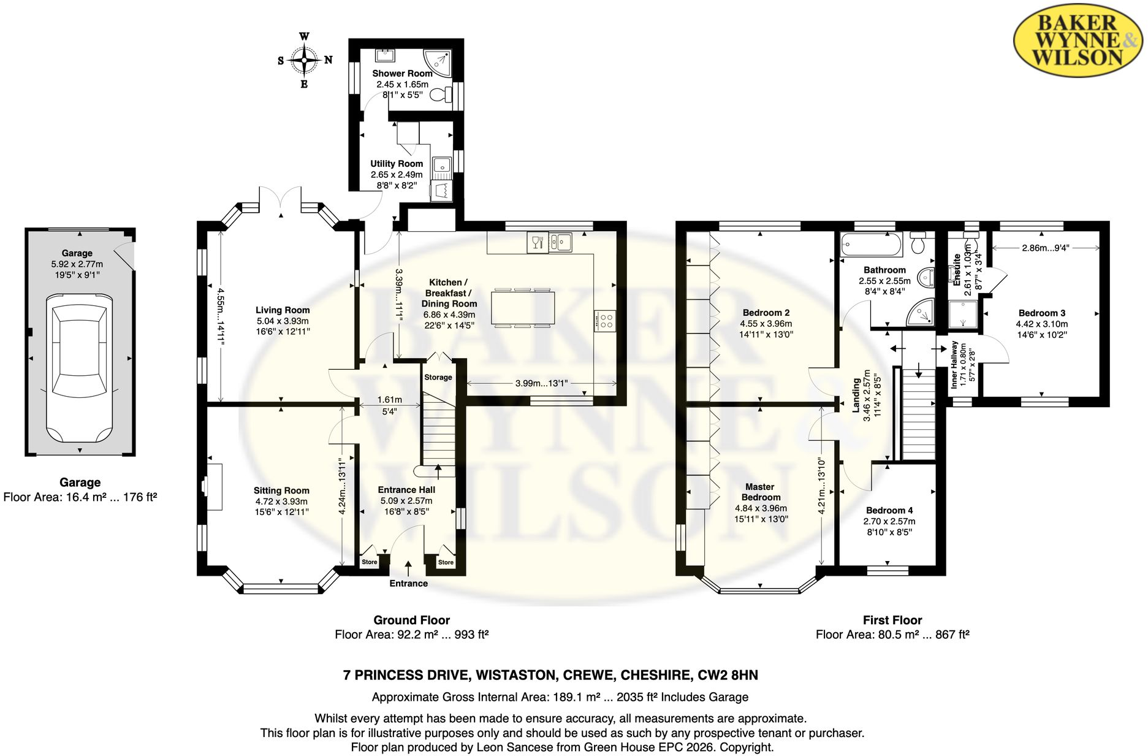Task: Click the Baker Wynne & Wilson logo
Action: coord(1077,40)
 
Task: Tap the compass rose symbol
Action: coord(304,60)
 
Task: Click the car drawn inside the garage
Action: coord(80,368)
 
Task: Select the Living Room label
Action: coord(283,310)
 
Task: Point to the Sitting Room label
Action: coord(281,491)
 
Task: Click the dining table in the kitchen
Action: coord(523,308)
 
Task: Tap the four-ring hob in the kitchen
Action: coord(606,321)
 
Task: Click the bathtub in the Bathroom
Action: coord(871,245)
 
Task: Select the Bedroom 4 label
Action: coord(889,510)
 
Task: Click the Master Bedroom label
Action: coord(761,492)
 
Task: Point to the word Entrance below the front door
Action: coord(409,583)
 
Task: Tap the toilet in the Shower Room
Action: coord(440,95)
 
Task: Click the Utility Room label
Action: coord(397,164)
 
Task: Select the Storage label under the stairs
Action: coord(438,377)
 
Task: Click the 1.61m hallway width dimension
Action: coord(389,400)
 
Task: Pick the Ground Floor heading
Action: coord(412,620)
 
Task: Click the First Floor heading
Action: coord(892,620)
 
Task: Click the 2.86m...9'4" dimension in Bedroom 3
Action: coord(1046,248)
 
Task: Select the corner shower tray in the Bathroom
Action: coord(921,312)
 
